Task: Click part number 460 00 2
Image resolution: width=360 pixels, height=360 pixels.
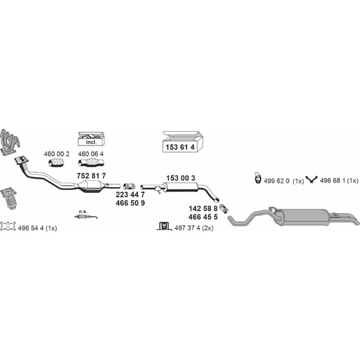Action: (x=56, y=154)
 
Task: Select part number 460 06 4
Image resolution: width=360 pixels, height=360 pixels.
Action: (x=91, y=154)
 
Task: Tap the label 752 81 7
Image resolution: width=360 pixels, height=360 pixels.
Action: (x=91, y=176)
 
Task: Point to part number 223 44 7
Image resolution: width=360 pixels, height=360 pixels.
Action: (x=130, y=194)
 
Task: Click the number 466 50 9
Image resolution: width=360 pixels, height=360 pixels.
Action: (x=130, y=203)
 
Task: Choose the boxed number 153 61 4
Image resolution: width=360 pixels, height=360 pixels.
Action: (x=180, y=147)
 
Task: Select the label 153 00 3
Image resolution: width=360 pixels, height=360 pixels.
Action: (x=181, y=178)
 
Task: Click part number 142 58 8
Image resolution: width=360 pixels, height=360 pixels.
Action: (x=203, y=209)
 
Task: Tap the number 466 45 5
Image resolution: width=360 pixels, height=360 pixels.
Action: (x=203, y=217)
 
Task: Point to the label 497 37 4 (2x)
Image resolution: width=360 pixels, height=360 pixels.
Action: (x=194, y=228)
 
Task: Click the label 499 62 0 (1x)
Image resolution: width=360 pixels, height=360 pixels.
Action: (x=284, y=181)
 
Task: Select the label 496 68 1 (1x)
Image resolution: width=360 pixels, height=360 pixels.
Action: (x=339, y=181)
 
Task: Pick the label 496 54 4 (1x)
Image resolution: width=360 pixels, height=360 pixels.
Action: (x=37, y=228)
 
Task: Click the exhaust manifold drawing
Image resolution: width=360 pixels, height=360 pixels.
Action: (x=9, y=142)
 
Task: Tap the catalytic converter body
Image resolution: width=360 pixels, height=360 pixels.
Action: (x=91, y=187)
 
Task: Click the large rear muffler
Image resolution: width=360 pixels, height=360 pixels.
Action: (x=305, y=217)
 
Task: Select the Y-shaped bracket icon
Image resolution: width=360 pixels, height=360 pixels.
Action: (x=311, y=179)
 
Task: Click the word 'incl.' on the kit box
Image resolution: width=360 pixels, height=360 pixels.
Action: (x=91, y=142)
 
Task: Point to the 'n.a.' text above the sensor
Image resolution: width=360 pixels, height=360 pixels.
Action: (x=83, y=212)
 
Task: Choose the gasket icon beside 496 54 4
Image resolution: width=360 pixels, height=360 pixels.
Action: (x=8, y=226)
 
